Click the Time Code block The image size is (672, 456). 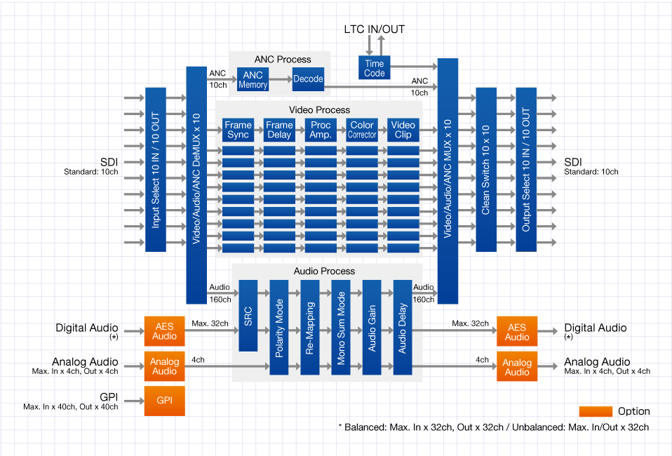click(375, 68)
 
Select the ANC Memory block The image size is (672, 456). click(253, 79)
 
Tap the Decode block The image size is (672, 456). click(308, 79)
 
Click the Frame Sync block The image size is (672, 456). click(238, 130)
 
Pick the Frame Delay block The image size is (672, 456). click(279, 130)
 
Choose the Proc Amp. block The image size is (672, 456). click(321, 130)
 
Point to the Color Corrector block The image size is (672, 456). click(362, 130)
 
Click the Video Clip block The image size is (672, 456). click(403, 130)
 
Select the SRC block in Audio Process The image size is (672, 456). click(248, 315)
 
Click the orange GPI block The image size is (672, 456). click(165, 401)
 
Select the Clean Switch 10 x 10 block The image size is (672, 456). click(486, 169)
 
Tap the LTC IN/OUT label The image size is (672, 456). click(374, 29)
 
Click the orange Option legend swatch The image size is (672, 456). click(596, 411)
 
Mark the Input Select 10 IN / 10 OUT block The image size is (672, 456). click(155, 169)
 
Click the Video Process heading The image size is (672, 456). click(319, 110)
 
